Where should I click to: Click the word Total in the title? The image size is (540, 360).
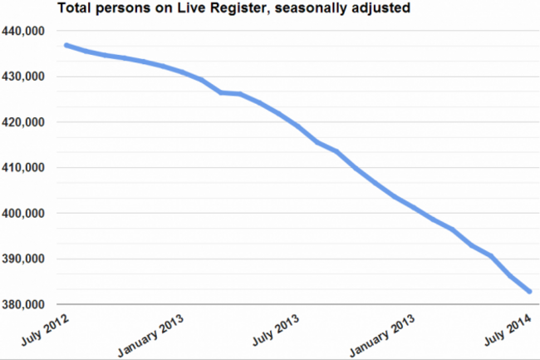[x=74, y=11]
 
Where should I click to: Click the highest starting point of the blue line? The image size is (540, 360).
[x=66, y=45]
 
